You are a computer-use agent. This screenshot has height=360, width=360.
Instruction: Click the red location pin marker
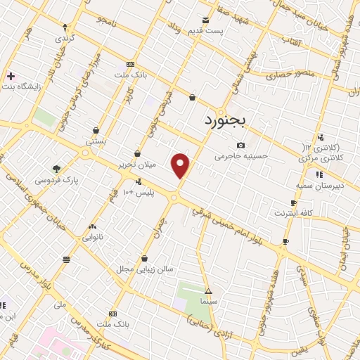[181, 164]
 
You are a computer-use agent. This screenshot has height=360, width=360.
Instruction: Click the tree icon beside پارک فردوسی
[57, 169]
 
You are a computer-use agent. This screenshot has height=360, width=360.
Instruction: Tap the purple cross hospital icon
[11, 75]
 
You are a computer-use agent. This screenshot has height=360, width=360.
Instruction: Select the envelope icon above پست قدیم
[205, 20]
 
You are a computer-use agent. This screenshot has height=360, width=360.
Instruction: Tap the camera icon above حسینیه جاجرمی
[240, 145]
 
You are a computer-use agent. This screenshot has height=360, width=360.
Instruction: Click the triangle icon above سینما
[208, 290]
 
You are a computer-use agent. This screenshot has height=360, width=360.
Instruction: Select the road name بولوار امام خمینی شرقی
[248, 225]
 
